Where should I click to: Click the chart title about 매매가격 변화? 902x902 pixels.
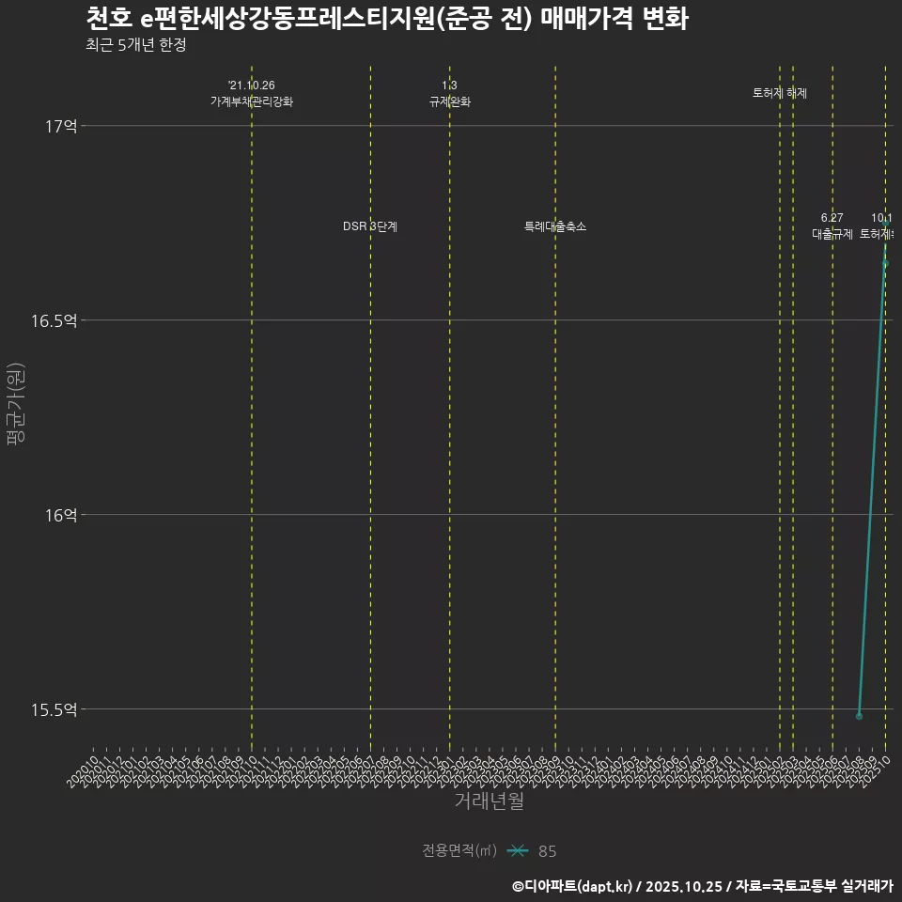(x=386, y=19)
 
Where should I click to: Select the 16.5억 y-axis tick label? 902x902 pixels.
(x=54, y=320)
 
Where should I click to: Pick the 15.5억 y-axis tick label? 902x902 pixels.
(x=54, y=709)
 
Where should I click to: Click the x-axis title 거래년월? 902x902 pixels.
(x=489, y=801)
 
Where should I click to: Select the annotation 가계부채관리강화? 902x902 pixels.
(x=252, y=101)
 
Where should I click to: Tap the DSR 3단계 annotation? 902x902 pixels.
(x=370, y=226)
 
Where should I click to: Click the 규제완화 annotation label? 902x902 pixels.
(x=449, y=101)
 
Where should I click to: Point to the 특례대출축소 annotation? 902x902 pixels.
(x=555, y=226)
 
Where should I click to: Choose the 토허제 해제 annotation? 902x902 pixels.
(x=780, y=93)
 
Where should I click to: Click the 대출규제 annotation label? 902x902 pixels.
(x=832, y=234)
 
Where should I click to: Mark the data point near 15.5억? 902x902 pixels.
(x=859, y=716)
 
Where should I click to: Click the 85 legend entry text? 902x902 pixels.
(x=548, y=851)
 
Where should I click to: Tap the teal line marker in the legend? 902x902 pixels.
(x=517, y=851)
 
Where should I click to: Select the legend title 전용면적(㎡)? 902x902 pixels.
(x=459, y=851)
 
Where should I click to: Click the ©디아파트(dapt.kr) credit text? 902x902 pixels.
(x=573, y=886)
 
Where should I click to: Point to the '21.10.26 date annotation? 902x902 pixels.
(x=252, y=86)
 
